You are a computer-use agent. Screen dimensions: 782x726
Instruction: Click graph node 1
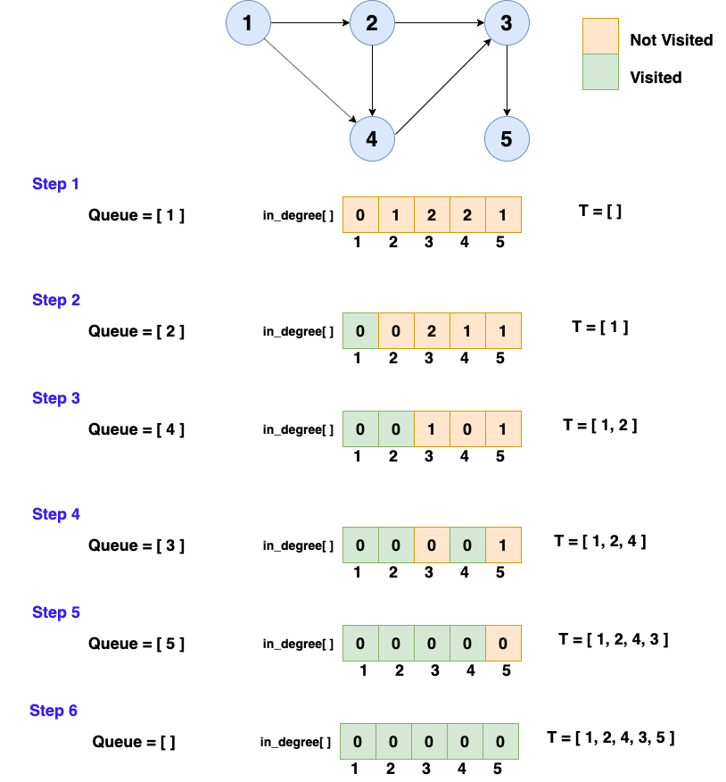click(248, 23)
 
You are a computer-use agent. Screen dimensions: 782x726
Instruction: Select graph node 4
click(372, 139)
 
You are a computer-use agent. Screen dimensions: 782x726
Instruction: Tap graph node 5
click(507, 139)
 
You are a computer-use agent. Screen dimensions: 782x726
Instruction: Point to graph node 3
click(507, 23)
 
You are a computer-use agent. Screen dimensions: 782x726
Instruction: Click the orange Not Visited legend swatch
click(600, 37)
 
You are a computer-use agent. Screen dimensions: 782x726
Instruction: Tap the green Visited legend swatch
click(600, 72)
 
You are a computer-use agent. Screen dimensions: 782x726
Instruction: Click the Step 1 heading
click(56, 184)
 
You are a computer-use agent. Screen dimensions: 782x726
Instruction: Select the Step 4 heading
click(56, 514)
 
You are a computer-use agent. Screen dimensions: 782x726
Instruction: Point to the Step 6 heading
click(54, 711)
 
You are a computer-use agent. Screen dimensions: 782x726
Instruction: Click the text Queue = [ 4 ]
click(136, 429)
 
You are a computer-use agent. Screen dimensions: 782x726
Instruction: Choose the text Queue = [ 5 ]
click(136, 644)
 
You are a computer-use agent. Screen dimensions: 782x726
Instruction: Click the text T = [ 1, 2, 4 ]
click(600, 541)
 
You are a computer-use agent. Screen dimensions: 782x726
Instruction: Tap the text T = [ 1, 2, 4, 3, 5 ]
click(611, 737)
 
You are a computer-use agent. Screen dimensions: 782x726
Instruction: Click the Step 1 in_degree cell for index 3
click(432, 215)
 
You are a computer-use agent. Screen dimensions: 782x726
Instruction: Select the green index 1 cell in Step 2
click(360, 331)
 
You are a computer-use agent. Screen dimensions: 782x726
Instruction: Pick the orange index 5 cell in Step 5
click(503, 643)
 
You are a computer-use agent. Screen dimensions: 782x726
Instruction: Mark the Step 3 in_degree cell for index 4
click(467, 428)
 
